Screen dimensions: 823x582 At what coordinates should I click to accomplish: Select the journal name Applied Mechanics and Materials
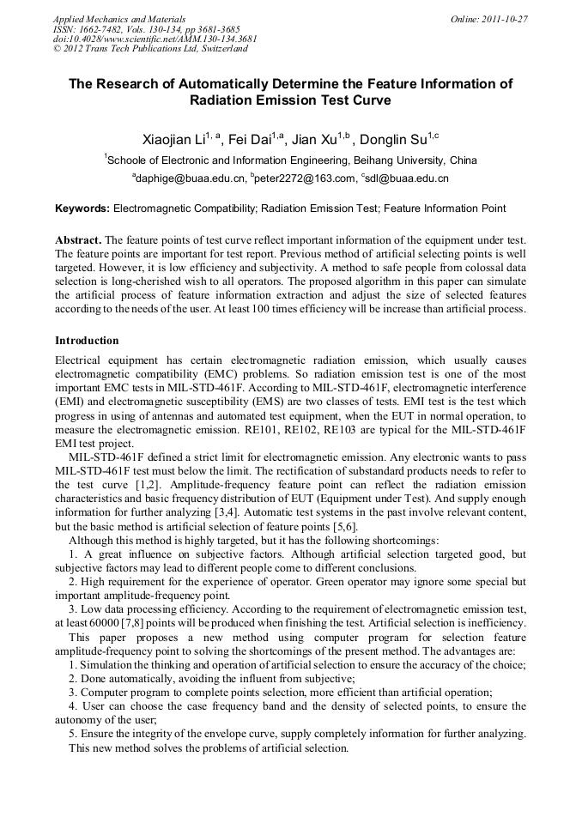pos(119,18)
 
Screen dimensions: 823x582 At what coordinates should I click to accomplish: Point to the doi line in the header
pos(155,39)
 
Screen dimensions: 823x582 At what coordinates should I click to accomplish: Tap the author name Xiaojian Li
pos(177,140)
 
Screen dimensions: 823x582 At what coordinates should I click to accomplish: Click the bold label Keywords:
pos(82,209)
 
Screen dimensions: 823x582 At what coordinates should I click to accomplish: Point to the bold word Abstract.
pos(78,241)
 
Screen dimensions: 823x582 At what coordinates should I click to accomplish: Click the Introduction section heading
pos(87,341)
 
